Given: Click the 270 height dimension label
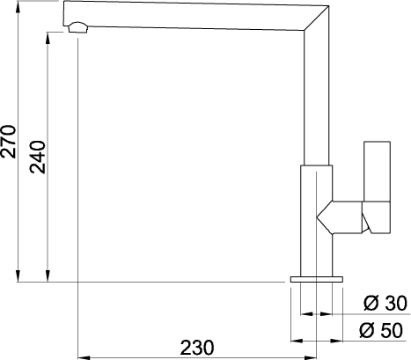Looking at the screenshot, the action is (x=8, y=142).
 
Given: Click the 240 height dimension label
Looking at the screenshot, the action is (x=38, y=158).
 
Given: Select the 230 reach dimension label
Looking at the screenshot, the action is (x=197, y=348).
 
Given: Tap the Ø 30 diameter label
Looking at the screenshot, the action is (x=385, y=303).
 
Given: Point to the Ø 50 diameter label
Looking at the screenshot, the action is (x=381, y=330).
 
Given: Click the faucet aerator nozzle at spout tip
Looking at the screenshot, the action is (x=77, y=27).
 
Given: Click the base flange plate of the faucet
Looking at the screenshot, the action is (x=317, y=279).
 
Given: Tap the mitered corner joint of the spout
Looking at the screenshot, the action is (x=317, y=18).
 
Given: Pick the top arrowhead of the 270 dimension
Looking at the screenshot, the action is (x=18, y=6).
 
